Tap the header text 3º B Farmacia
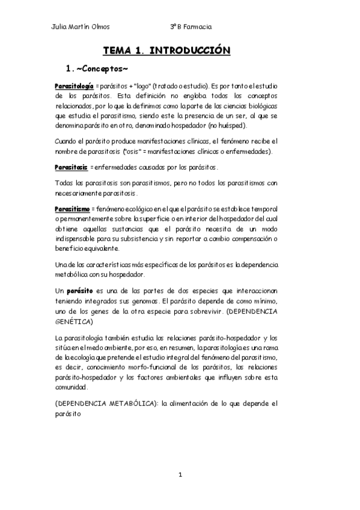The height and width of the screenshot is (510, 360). (x=191, y=26)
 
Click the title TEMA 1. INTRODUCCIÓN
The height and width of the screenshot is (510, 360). (x=166, y=51)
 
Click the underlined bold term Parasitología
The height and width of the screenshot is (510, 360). (x=73, y=86)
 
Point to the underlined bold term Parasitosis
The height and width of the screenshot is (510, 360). (x=71, y=166)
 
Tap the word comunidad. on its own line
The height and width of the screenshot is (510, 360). (x=71, y=387)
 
